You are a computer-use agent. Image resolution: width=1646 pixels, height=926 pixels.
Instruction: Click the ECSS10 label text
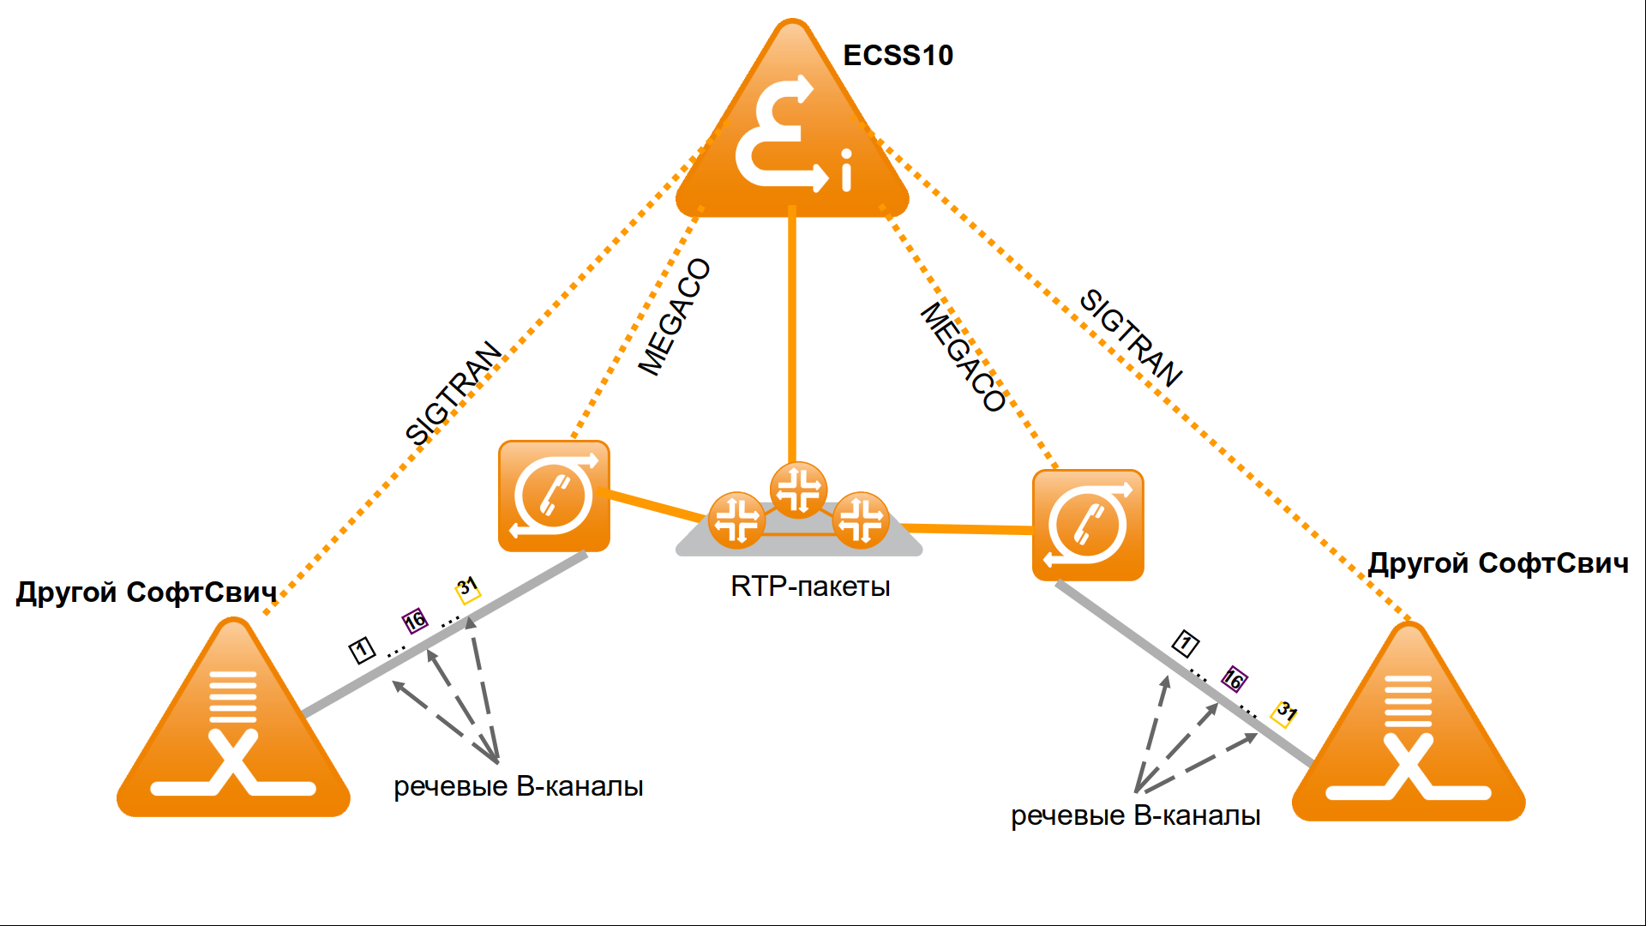point(898,56)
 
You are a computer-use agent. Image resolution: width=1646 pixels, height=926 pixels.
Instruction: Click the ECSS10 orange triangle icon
point(792,137)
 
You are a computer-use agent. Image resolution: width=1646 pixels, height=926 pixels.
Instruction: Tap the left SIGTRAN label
point(453,394)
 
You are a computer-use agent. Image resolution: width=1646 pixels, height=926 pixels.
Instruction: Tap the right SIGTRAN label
point(1131,337)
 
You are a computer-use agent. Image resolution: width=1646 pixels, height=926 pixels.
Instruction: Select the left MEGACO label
point(675,317)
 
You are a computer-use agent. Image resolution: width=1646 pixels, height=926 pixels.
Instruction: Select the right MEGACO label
point(963,357)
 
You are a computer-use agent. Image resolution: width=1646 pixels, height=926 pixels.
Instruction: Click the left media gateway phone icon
point(554,496)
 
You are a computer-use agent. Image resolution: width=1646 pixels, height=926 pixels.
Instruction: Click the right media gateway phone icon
point(1088,525)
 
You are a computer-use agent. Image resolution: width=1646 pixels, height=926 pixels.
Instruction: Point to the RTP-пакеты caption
point(810,586)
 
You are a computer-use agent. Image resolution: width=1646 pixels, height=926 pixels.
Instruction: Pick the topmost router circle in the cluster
point(798,490)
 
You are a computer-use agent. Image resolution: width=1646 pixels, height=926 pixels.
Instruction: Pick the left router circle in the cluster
point(736,520)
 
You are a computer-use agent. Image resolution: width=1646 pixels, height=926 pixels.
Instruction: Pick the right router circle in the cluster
point(861,520)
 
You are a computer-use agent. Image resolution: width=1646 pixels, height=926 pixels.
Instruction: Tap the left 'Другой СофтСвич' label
point(147,592)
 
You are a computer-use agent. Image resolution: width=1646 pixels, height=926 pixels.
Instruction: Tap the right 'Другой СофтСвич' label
point(1498,563)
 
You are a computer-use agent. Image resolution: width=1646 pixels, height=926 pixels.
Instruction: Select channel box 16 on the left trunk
point(415,620)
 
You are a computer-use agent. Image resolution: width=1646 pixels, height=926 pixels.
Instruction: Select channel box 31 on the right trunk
point(1285,713)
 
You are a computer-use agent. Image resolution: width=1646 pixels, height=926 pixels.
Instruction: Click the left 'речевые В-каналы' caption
point(518,786)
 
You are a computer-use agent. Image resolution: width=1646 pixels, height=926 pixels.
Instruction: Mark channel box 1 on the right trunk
point(1186,643)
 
